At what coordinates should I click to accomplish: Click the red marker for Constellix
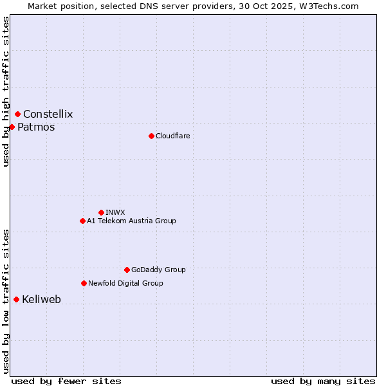[17, 115]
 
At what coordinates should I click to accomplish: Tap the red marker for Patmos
[12, 127]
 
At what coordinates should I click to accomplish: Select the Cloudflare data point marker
[151, 136]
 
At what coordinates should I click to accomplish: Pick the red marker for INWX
[101, 212]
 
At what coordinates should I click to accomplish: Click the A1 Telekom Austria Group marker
[82, 221]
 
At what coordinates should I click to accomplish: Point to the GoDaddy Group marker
[127, 270]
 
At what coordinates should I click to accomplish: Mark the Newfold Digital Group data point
[84, 283]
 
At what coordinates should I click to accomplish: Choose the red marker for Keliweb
[16, 299]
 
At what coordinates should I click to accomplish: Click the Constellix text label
[48, 115]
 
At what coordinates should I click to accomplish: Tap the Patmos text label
[36, 127]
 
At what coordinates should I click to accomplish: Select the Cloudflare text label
[172, 136]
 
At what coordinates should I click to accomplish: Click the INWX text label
[115, 212]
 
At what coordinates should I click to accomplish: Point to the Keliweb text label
[41, 299]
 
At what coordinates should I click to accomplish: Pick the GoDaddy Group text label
[158, 270]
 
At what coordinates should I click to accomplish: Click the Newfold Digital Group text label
[125, 283]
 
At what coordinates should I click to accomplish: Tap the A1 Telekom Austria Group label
[131, 221]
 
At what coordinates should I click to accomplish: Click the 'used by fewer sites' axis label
[66, 381]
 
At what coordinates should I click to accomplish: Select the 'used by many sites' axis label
[323, 381]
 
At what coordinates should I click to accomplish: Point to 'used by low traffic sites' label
[6, 301]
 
